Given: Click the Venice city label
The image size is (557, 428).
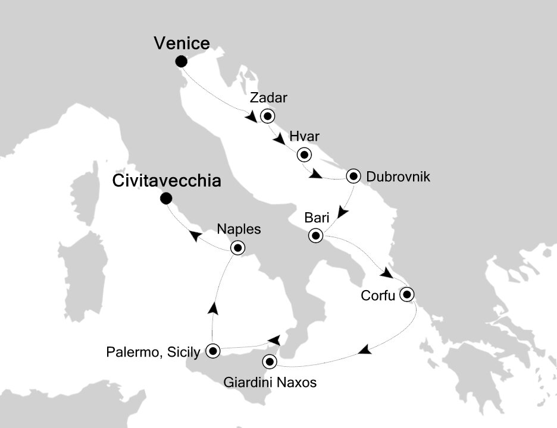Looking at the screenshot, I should tap(182, 43).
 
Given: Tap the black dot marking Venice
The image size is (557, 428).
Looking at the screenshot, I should tap(182, 61).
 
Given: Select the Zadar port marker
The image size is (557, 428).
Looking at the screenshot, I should tap(267, 116).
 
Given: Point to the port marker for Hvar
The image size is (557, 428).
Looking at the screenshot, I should tap(304, 155).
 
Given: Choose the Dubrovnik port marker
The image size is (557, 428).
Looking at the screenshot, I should tap(354, 176).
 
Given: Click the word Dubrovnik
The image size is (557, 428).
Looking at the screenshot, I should tap(398, 177).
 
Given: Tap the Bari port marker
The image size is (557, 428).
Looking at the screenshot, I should tap(315, 236).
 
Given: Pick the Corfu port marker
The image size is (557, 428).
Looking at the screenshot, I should tap(407, 294).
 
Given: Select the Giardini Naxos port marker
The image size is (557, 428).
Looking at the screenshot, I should tap(270, 361).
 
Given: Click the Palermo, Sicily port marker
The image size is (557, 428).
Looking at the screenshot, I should tap(212, 351).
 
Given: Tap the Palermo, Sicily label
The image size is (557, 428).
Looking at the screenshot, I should tap(153, 353).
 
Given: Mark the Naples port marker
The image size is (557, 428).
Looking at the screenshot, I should tap(238, 248).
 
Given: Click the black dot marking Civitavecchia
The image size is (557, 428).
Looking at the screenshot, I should tap(167, 199).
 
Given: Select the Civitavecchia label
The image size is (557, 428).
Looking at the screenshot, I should tap(167, 181).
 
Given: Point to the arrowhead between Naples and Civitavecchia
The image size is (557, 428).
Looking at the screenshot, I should tap(195, 236).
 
